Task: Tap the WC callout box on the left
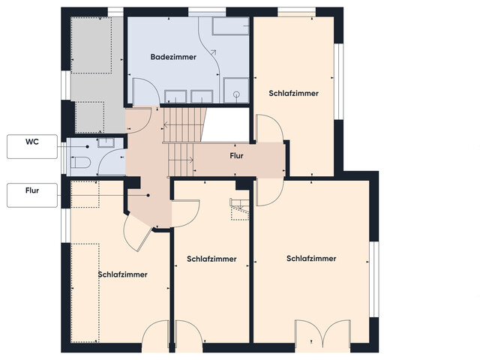click(31, 146)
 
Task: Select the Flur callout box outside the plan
click(31, 195)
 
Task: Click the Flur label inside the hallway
click(236, 157)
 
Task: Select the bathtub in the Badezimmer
click(229, 26)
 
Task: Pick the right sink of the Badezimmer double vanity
click(200, 96)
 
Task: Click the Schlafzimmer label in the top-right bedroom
click(293, 94)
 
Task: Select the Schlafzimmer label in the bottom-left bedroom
click(122, 274)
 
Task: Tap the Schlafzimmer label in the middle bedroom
click(211, 259)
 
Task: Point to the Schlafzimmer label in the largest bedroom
click(311, 259)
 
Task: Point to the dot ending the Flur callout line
click(148, 196)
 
